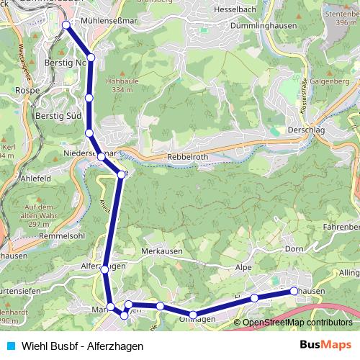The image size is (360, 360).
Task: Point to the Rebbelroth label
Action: pos(186,158)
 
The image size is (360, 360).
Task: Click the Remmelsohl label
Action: pos(42,236)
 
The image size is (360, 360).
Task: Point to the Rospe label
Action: pos(27,91)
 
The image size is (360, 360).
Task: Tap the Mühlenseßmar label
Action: pos(109,22)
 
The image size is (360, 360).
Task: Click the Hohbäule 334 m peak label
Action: pos(117,86)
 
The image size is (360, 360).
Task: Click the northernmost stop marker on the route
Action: pos(66,25)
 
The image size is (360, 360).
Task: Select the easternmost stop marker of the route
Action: pos(294,291)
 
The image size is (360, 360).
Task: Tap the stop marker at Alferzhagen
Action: pos(105,269)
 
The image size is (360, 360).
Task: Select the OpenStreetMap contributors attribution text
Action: pos(297,322)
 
